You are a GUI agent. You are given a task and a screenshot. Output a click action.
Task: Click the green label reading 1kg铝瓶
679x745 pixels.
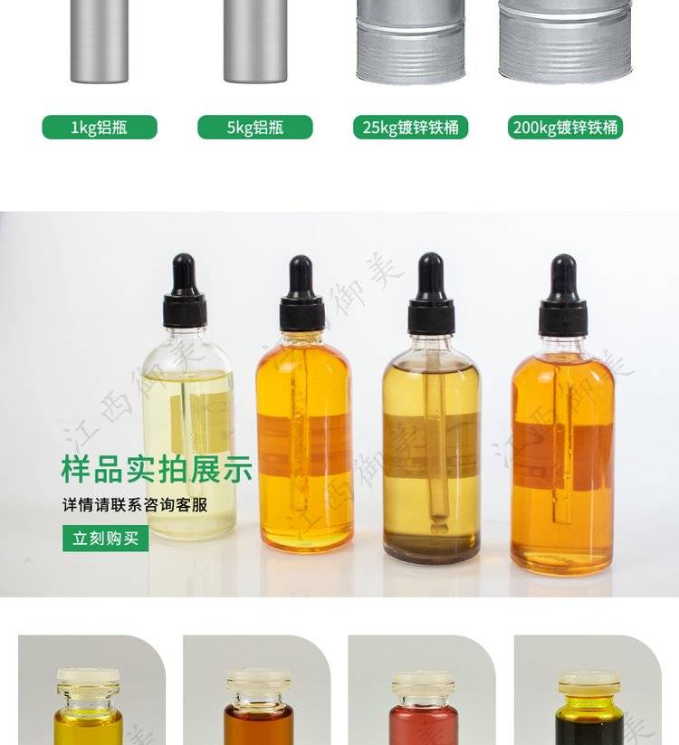(x=100, y=128)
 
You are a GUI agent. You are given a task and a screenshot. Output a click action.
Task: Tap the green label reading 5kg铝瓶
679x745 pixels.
(x=255, y=128)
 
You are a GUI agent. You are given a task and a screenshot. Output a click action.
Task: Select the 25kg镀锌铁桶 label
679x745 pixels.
(x=410, y=128)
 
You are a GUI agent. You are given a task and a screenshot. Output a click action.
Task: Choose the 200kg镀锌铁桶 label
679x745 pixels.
(x=565, y=128)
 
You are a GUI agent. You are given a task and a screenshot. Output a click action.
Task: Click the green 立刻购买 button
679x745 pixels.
(x=106, y=539)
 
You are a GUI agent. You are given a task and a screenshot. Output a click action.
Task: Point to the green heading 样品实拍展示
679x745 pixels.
(x=157, y=469)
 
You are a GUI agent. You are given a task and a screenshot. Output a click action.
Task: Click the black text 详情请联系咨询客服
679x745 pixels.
(x=135, y=504)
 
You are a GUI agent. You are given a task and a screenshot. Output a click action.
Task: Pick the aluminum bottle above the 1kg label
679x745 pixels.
(x=100, y=41)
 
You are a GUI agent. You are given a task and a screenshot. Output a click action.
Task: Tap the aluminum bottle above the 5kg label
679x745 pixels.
(x=255, y=41)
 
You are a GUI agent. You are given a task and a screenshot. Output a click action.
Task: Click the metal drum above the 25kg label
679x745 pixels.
(x=410, y=42)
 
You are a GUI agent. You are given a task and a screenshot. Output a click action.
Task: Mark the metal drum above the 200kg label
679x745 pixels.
(x=566, y=42)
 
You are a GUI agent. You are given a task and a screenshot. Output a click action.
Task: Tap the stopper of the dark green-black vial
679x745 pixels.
(x=588, y=683)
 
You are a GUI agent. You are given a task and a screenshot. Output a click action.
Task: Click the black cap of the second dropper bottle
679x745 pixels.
(x=301, y=293)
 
